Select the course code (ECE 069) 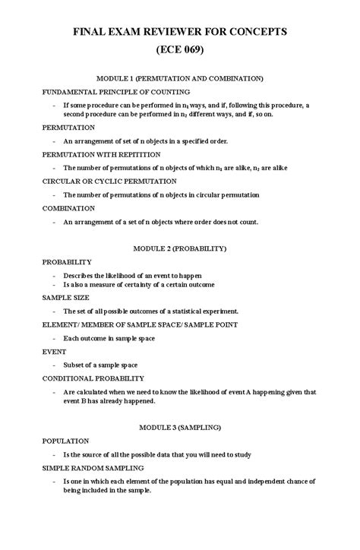[x=179, y=52]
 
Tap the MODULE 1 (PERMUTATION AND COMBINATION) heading [x=179, y=78]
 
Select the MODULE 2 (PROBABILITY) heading [x=179, y=248]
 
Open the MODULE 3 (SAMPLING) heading [x=179, y=427]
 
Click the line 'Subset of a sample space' [x=106, y=365]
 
